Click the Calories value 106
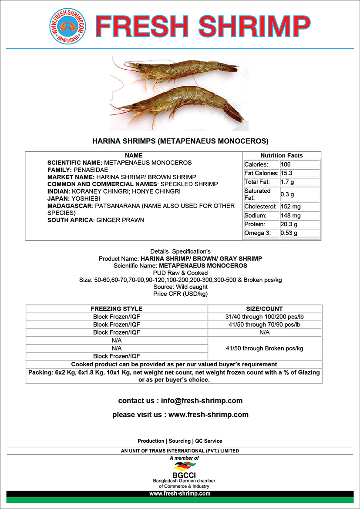[286, 164]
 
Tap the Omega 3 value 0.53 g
[289, 233]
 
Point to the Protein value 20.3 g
[289, 224]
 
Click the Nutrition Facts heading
[282, 155]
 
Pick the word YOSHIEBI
[82, 198]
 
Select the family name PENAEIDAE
[91, 170]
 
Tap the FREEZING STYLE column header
[116, 309]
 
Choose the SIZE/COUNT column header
[265, 309]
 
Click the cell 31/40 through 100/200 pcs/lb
[265, 317]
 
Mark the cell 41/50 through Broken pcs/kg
[265, 348]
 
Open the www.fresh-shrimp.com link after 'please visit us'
[209, 415]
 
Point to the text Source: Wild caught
[180, 287]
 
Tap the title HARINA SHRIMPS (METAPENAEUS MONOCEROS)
[180, 141]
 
